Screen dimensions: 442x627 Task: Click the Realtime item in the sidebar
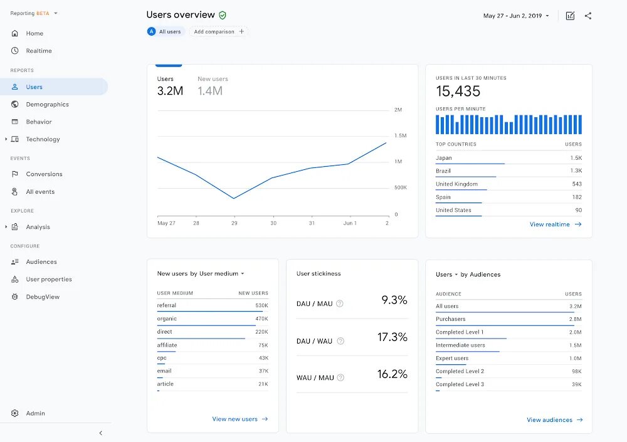[38, 51]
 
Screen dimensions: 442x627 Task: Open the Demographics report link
[47, 105]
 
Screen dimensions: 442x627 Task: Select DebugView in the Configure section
[42, 297]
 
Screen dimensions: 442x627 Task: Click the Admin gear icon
[15, 413]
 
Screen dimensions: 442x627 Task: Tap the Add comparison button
[218, 31]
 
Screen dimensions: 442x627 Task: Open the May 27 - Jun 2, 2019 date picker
[516, 16]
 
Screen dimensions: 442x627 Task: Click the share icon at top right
[588, 16]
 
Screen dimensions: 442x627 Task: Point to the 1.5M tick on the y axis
[400, 135]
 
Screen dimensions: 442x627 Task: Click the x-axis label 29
[234, 223]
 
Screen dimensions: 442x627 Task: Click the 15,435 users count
[458, 92]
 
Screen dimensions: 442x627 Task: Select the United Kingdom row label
[456, 184]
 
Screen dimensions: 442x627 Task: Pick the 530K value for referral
[261, 305]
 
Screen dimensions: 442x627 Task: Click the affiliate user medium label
[167, 345]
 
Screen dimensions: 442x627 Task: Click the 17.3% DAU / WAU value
[392, 337]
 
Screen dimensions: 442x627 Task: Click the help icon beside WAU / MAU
[340, 377]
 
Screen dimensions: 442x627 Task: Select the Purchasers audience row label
[450, 319]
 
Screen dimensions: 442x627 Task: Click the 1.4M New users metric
[210, 91]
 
